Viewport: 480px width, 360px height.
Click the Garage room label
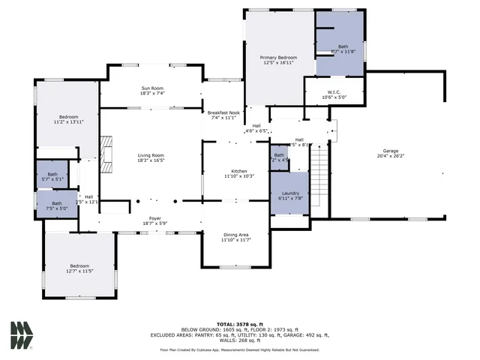389,151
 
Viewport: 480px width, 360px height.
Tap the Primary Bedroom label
278,58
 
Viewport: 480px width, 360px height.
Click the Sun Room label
152,88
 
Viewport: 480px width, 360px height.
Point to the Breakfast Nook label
223,112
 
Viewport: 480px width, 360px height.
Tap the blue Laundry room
290,194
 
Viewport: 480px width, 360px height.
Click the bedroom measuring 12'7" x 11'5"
79,266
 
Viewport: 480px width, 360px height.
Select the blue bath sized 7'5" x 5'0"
58,205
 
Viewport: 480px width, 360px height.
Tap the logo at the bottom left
21,334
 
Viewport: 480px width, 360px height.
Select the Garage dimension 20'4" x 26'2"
389,156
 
